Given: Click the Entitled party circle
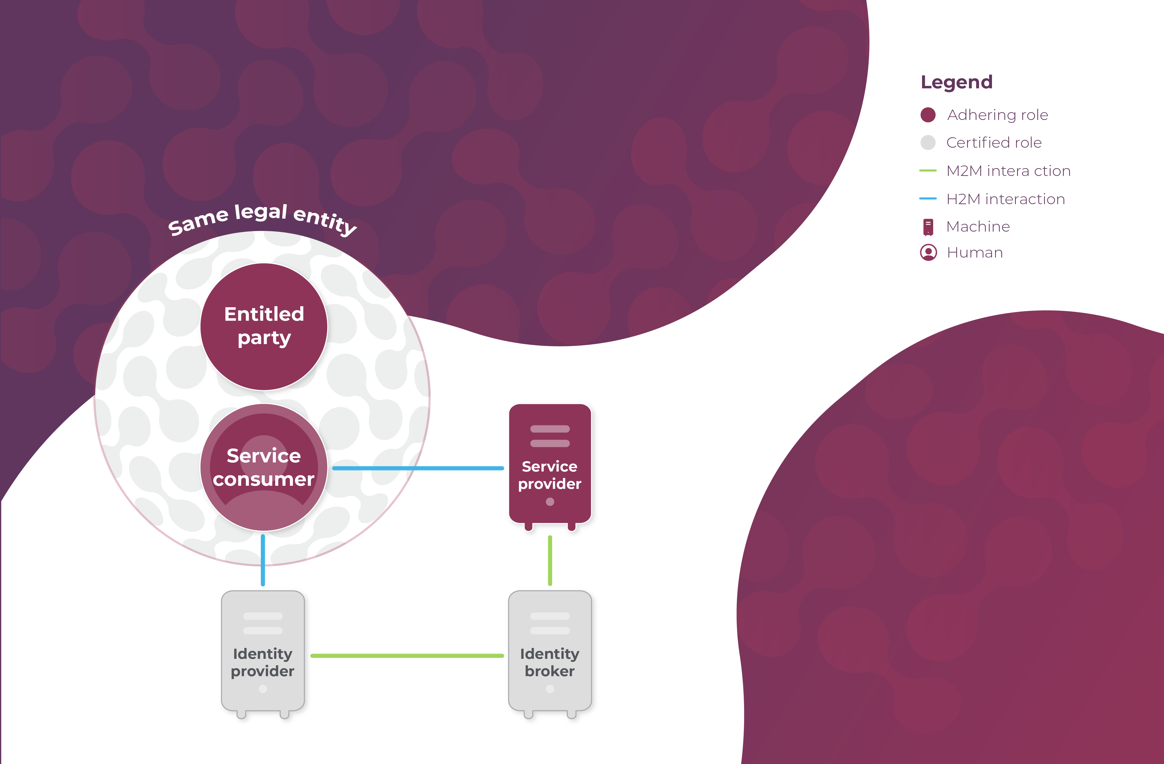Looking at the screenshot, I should pos(264,326).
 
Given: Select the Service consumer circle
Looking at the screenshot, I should pos(264,467).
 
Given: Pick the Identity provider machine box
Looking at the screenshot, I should pos(263,651).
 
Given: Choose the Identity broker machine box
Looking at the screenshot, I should pos(550,651).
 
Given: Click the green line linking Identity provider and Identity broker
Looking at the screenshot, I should pos(407,655).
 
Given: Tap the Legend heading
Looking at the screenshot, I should pos(956,82).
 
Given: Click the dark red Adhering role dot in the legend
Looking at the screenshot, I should pos(928,115).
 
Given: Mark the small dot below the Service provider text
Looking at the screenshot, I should pos(550,501).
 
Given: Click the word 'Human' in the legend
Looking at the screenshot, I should pos(975,252).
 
